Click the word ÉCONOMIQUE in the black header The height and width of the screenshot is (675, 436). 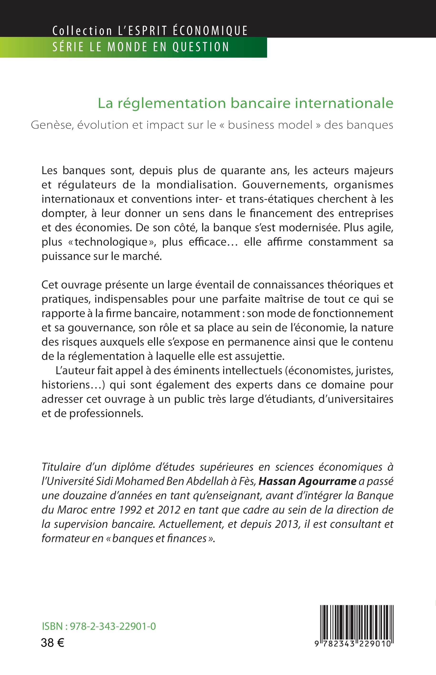tap(210, 30)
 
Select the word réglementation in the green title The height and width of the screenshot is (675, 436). tap(172, 103)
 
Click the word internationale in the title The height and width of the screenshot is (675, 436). tap(344, 103)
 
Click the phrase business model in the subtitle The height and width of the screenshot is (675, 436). tap(270, 125)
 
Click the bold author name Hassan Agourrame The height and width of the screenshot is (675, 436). tap(307, 481)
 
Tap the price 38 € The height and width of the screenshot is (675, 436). tap(52, 643)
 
